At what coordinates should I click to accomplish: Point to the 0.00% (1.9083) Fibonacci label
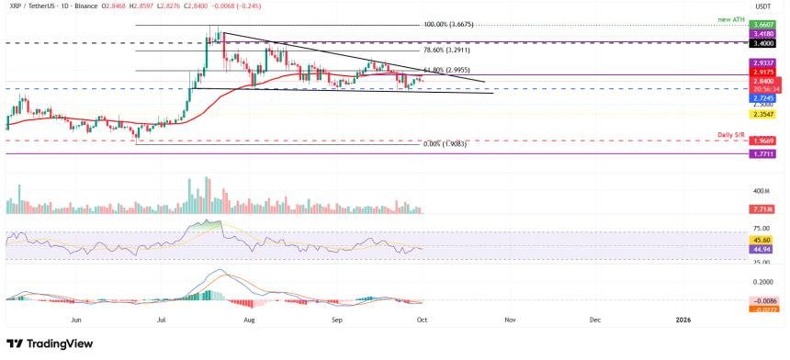(x=448, y=144)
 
